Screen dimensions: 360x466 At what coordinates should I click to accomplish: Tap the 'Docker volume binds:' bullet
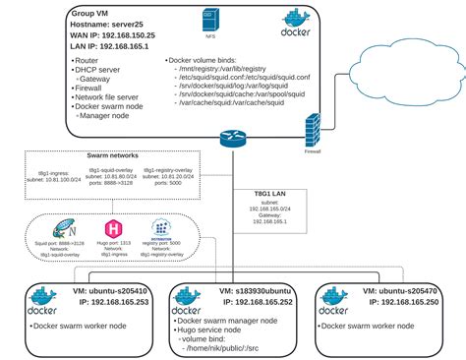(x=207, y=59)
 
